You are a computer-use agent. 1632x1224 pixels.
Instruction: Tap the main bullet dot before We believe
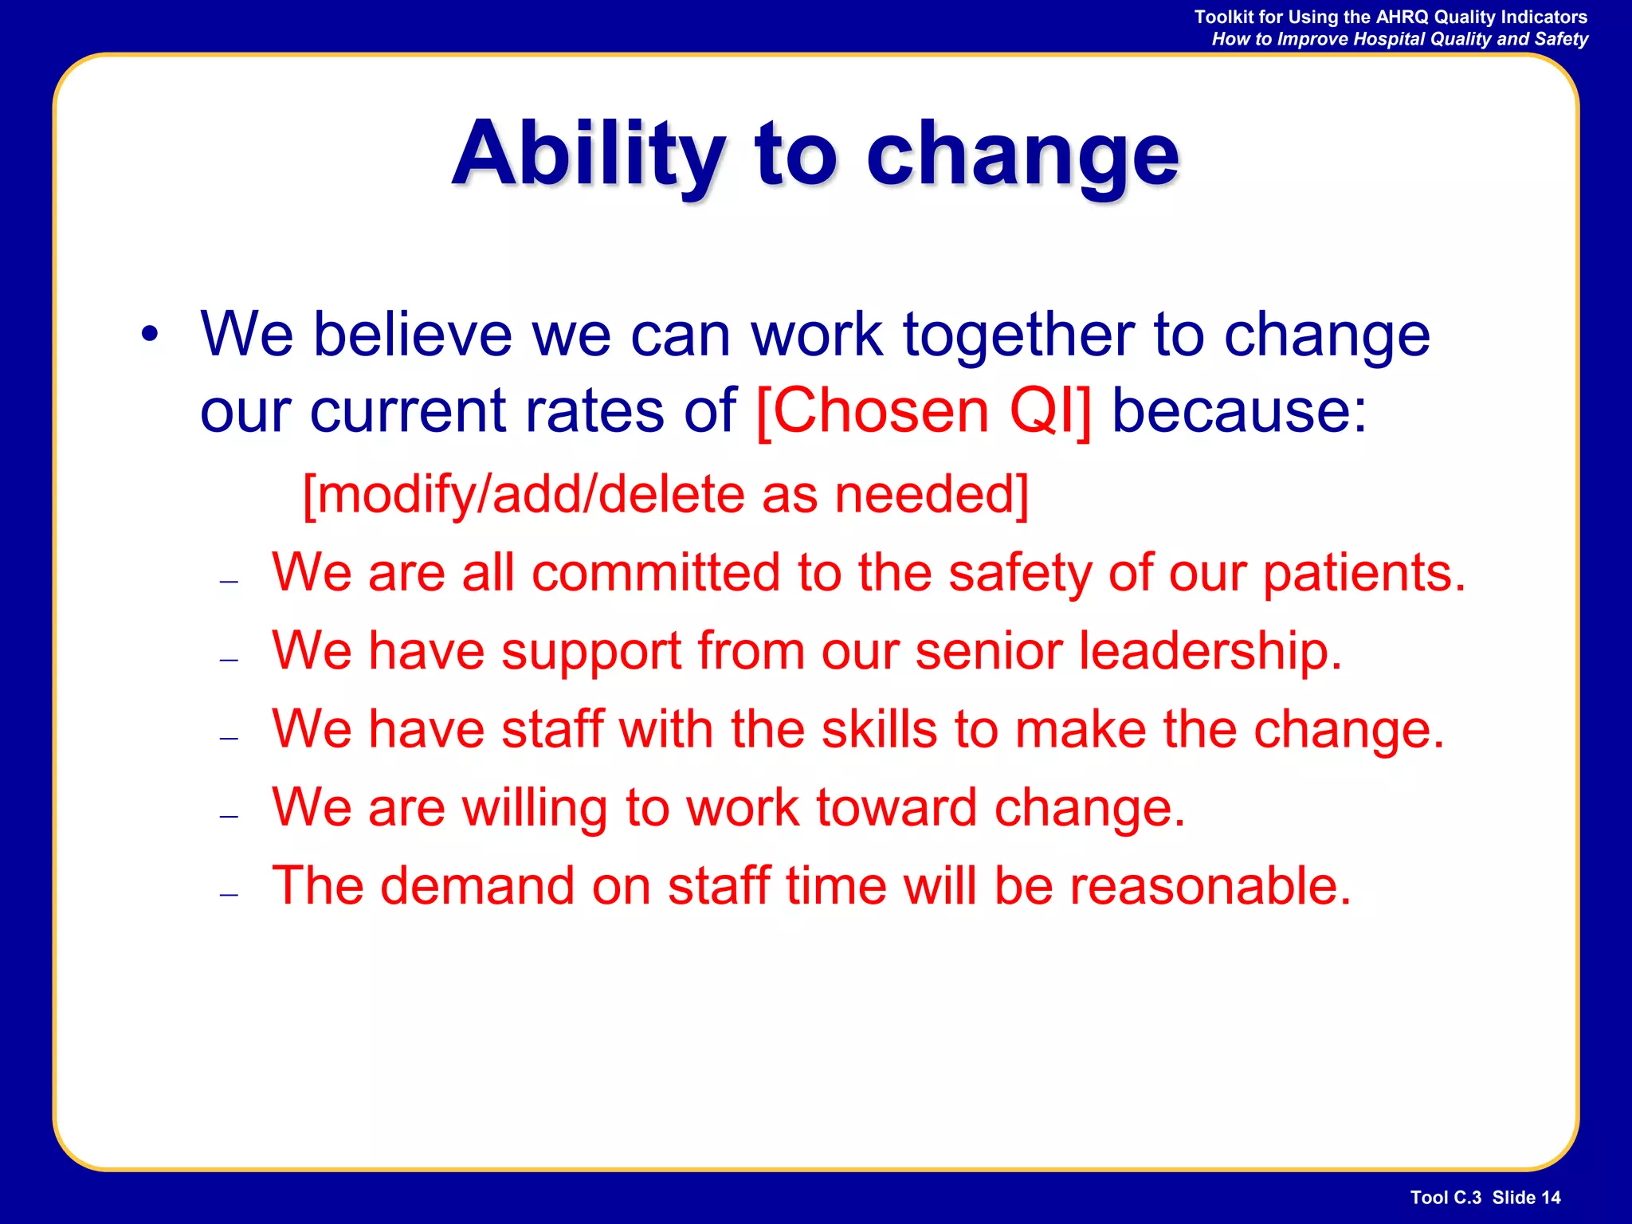coord(150,335)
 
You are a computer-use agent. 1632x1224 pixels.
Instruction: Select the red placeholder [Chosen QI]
coord(923,411)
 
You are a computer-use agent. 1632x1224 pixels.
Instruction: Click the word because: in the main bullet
coord(1238,411)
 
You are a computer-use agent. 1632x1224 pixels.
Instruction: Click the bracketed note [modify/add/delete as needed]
coord(665,495)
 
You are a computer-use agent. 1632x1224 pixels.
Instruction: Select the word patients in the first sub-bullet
coord(1363,573)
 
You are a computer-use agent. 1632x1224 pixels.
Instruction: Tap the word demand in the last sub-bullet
coord(477,886)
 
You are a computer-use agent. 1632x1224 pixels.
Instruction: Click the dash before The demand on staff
coord(229,895)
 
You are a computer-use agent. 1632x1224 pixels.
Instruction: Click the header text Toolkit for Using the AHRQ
coord(1390,17)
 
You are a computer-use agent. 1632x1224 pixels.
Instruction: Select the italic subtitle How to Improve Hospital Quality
coord(1399,39)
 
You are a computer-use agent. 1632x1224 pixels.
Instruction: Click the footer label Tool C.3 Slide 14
coord(1485,1198)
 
